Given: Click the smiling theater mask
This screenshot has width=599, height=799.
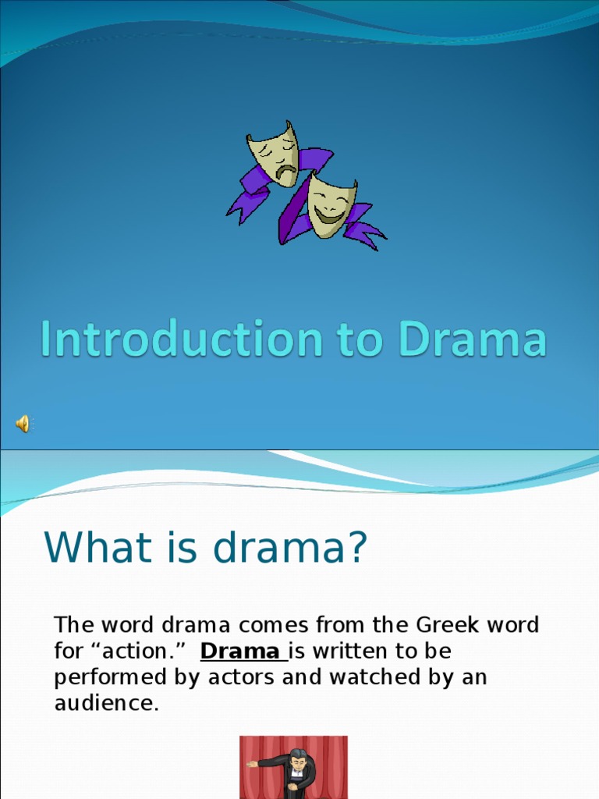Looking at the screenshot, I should pyautogui.click(x=331, y=205).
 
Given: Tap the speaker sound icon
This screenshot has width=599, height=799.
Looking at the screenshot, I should pyautogui.click(x=23, y=424).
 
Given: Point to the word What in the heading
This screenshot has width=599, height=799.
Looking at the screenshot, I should pyautogui.click(x=87, y=547).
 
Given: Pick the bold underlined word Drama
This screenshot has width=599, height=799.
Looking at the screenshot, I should pyautogui.click(x=240, y=651).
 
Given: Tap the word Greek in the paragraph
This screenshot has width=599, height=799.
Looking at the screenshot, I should pyautogui.click(x=445, y=625).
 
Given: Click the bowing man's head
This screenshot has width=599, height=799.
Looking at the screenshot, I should pyautogui.click(x=298, y=758).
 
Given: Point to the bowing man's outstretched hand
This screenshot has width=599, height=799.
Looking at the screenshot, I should pyautogui.click(x=252, y=764).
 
